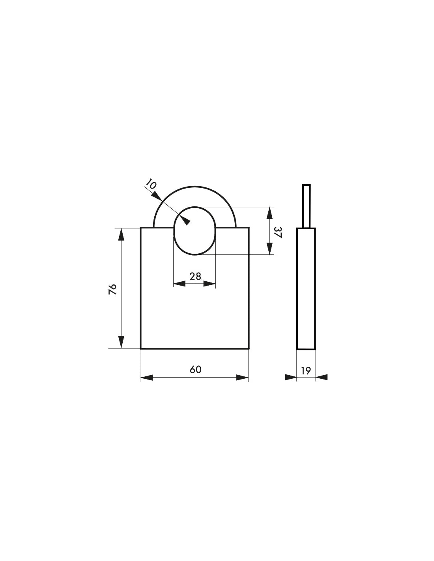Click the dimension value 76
click(113, 289)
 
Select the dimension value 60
click(195, 370)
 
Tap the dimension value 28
click(195, 277)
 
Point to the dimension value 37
click(278, 232)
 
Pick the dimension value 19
click(306, 371)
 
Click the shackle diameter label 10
click(151, 184)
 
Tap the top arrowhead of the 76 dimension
click(121, 235)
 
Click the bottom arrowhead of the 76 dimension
click(121, 342)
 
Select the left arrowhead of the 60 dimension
click(147, 378)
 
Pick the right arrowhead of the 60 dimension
click(242, 378)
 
